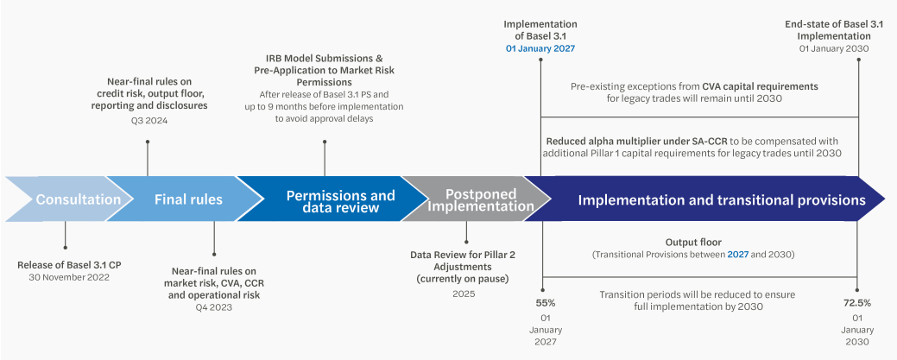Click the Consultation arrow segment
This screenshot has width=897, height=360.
(x=78, y=199)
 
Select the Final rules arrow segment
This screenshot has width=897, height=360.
(x=188, y=199)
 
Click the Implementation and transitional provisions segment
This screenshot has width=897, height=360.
(x=721, y=199)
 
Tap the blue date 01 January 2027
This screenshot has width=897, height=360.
(x=540, y=49)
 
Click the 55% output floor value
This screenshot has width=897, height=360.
(x=545, y=303)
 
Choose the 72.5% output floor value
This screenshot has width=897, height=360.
(x=856, y=303)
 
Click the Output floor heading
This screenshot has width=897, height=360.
(x=692, y=243)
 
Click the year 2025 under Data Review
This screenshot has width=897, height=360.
(x=464, y=294)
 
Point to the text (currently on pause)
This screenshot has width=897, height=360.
(x=464, y=279)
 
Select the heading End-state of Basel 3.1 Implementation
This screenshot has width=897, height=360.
(x=834, y=30)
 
